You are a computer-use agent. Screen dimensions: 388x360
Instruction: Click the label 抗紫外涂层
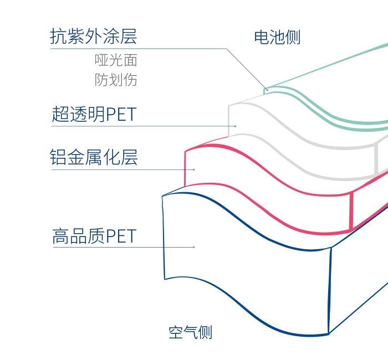coord(93,37)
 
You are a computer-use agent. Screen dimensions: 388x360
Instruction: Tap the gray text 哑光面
coord(116,60)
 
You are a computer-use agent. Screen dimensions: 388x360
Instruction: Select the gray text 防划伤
coord(116,80)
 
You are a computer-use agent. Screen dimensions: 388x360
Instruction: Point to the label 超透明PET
coord(94,114)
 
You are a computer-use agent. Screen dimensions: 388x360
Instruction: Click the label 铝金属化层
coord(94,157)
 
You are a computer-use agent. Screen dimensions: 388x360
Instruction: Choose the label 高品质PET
coord(94,236)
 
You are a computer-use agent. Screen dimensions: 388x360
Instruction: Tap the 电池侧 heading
coord(277,37)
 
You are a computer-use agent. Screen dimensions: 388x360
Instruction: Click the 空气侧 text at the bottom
coord(190,332)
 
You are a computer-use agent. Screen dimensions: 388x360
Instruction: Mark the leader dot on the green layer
coord(267,90)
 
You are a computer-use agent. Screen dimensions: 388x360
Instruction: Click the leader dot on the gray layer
coord(236,126)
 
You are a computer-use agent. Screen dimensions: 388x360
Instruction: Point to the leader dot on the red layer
coord(194,169)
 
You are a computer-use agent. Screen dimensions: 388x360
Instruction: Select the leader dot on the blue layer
coord(194,247)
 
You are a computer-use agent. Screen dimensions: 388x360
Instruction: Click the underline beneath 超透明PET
coord(143,126)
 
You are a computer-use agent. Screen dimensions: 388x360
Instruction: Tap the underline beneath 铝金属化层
coord(122,169)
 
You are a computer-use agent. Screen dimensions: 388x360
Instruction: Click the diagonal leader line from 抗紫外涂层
coord(247,69)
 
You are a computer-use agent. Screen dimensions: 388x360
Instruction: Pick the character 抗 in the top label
coord(58,37)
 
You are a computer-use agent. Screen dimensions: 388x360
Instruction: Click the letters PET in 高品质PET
coord(121,236)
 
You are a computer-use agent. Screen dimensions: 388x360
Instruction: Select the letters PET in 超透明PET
coord(121,114)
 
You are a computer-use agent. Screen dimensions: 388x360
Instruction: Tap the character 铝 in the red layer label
coord(58,157)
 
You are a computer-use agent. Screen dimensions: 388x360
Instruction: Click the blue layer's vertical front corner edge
coord(330,291)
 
